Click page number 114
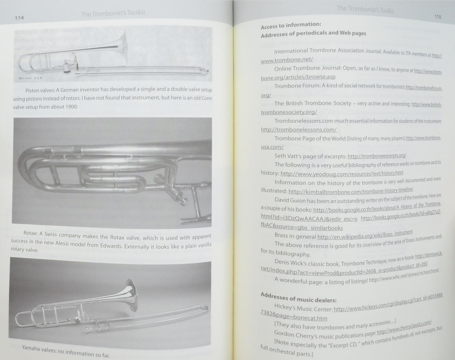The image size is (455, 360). pos(19,18)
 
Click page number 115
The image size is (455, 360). pos(437,16)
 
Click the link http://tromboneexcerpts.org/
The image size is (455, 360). pos(377,156)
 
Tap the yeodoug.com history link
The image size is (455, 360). pos(342,173)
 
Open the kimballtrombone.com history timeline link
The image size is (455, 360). pos(353,191)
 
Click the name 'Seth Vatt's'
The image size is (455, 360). pos(291,156)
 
